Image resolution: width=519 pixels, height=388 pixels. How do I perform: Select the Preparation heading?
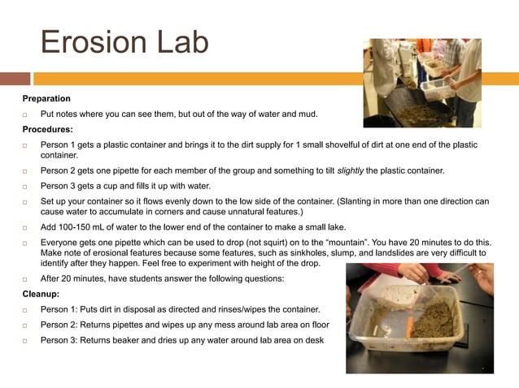(x=46, y=98)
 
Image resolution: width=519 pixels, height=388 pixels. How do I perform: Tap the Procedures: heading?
(x=47, y=128)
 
